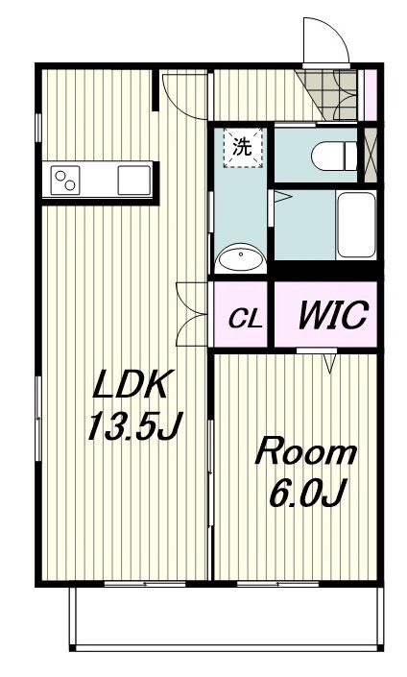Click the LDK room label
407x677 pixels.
tap(131, 384)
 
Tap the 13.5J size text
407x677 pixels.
tap(135, 425)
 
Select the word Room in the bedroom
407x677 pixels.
tap(306, 452)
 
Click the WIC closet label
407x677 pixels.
tap(333, 314)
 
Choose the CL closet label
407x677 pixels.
tap(245, 320)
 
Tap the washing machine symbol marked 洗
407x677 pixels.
tap(243, 148)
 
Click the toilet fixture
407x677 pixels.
tap(334, 156)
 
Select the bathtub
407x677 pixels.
tap(356, 225)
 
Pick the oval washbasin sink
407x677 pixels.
tap(240, 258)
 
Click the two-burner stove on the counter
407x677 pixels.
tap(65, 180)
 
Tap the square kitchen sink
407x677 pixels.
tap(134, 180)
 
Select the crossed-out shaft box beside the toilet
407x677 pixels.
tap(371, 155)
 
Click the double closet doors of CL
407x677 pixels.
tap(192, 314)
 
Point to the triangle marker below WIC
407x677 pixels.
tap(330, 363)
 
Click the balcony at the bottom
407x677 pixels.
tap(227, 618)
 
